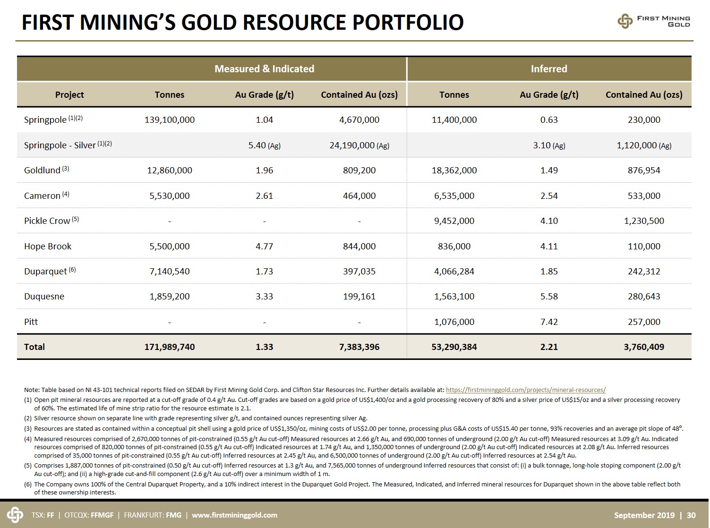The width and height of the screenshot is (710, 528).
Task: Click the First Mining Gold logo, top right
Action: click(x=654, y=21)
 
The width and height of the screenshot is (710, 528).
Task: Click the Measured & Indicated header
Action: click(x=264, y=69)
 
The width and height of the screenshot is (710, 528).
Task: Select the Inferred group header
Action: click(x=548, y=69)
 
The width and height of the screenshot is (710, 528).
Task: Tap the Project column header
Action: click(x=69, y=95)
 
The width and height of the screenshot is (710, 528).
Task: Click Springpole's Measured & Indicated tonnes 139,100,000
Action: click(x=169, y=119)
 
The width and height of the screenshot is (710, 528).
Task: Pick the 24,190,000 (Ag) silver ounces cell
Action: click(x=359, y=145)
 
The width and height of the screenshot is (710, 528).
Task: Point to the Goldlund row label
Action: click(x=46, y=170)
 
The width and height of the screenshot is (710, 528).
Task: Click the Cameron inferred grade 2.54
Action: click(x=548, y=196)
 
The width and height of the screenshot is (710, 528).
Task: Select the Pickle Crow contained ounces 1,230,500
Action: click(x=644, y=221)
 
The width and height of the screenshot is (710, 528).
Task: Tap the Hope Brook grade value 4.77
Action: click(x=264, y=246)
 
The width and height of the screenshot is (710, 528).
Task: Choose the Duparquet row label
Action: click(x=50, y=271)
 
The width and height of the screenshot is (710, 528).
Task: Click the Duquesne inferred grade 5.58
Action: click(x=548, y=296)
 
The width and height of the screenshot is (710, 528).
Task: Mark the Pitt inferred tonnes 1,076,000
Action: click(x=454, y=322)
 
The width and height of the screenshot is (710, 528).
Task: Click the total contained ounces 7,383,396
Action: click(x=359, y=347)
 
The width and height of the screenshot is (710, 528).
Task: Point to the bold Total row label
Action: click(x=34, y=347)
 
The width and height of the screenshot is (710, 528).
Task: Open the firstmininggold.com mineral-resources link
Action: click(x=526, y=390)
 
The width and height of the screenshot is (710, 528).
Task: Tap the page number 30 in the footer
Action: click(x=691, y=515)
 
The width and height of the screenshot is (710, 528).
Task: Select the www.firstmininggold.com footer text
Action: click(x=234, y=515)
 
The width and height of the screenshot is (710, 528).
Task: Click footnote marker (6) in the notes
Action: click(x=28, y=484)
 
